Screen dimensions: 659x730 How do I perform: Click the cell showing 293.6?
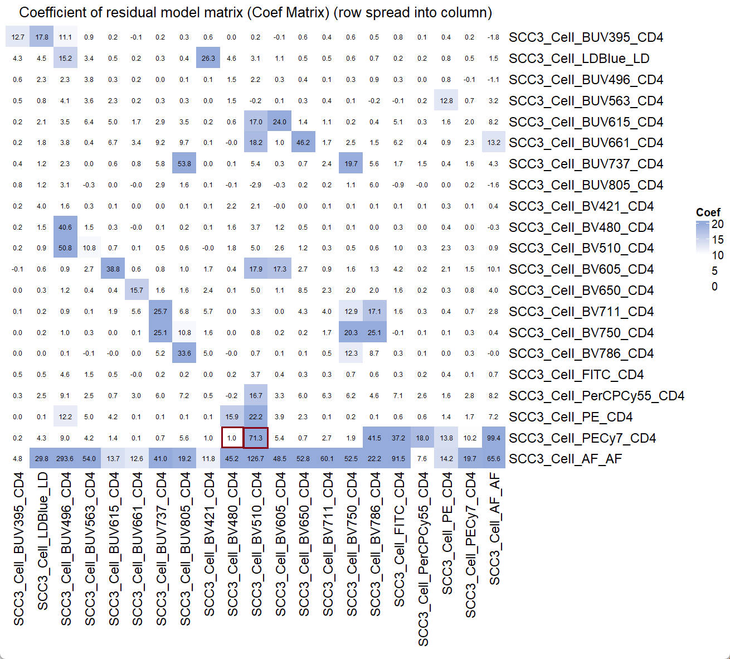point(65,459)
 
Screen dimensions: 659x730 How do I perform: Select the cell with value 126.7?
point(256,459)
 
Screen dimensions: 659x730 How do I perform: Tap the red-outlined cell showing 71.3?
point(256,438)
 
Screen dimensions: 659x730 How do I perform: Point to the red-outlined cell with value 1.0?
point(232,438)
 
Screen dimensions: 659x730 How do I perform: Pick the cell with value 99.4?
point(494,438)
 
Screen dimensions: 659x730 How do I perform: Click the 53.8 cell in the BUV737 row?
point(184,163)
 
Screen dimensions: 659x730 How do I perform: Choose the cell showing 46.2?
point(303,142)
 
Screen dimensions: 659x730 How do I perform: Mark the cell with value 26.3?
point(208,58)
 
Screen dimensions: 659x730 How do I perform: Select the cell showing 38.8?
point(113,269)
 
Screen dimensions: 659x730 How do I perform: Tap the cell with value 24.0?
point(280,122)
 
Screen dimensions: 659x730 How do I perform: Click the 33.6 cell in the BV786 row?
point(184,353)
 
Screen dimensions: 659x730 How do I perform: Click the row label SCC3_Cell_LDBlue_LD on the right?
point(579,59)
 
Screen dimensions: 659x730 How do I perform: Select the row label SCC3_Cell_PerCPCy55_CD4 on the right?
point(596,396)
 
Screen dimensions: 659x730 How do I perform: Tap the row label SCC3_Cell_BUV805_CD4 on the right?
point(586,185)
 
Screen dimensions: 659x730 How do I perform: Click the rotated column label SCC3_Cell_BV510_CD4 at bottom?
point(256,544)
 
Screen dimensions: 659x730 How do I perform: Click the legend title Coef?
point(708,212)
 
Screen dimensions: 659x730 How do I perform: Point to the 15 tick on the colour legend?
point(718,240)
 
